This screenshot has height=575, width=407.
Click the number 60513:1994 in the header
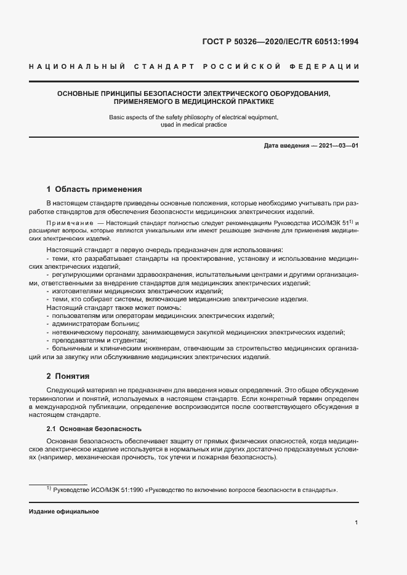[x=336, y=42]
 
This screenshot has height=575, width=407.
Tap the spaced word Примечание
[x=66, y=222]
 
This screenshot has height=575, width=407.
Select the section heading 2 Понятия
[x=68, y=376]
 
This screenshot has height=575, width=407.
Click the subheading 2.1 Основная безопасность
[x=94, y=428]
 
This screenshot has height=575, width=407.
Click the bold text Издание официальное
[x=63, y=512]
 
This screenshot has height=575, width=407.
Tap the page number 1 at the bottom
[x=357, y=523]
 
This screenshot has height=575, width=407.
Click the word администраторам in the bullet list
[x=79, y=323]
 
